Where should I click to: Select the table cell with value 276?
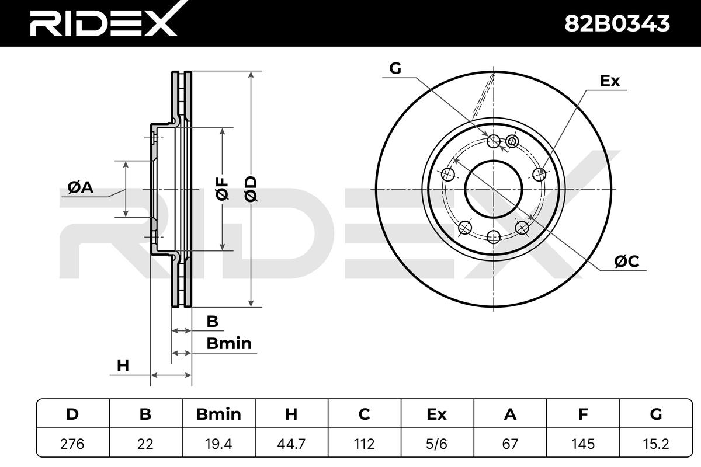pos(72,444)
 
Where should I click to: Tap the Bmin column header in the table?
pos(218,414)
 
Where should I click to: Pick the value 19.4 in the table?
pos(218,444)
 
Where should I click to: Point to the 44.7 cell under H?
pos(291,444)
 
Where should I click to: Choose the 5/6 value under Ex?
pos(436,444)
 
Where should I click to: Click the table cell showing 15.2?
pos(655,444)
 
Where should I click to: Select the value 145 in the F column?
pos(582,444)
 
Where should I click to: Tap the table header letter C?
pos(364,414)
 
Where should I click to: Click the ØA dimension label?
pos(81,187)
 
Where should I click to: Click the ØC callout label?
pos(626,263)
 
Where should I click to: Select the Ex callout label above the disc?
pos(610,81)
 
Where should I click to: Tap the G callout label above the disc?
pos(395,69)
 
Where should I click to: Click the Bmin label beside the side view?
pos(228,343)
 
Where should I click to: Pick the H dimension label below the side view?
pos(122,365)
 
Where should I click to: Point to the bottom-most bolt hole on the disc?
pos(494,236)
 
